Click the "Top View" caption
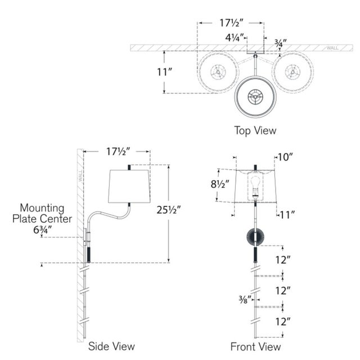pos(255,130)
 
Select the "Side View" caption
pos(111,346)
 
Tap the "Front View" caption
pos(255,346)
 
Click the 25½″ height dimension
pos(169,210)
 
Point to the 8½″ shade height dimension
pos(220,184)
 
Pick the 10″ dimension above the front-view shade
pos(285,157)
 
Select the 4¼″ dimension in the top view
pos(235,38)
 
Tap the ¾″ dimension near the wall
pos(281,42)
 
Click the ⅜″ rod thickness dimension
pos(245,299)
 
